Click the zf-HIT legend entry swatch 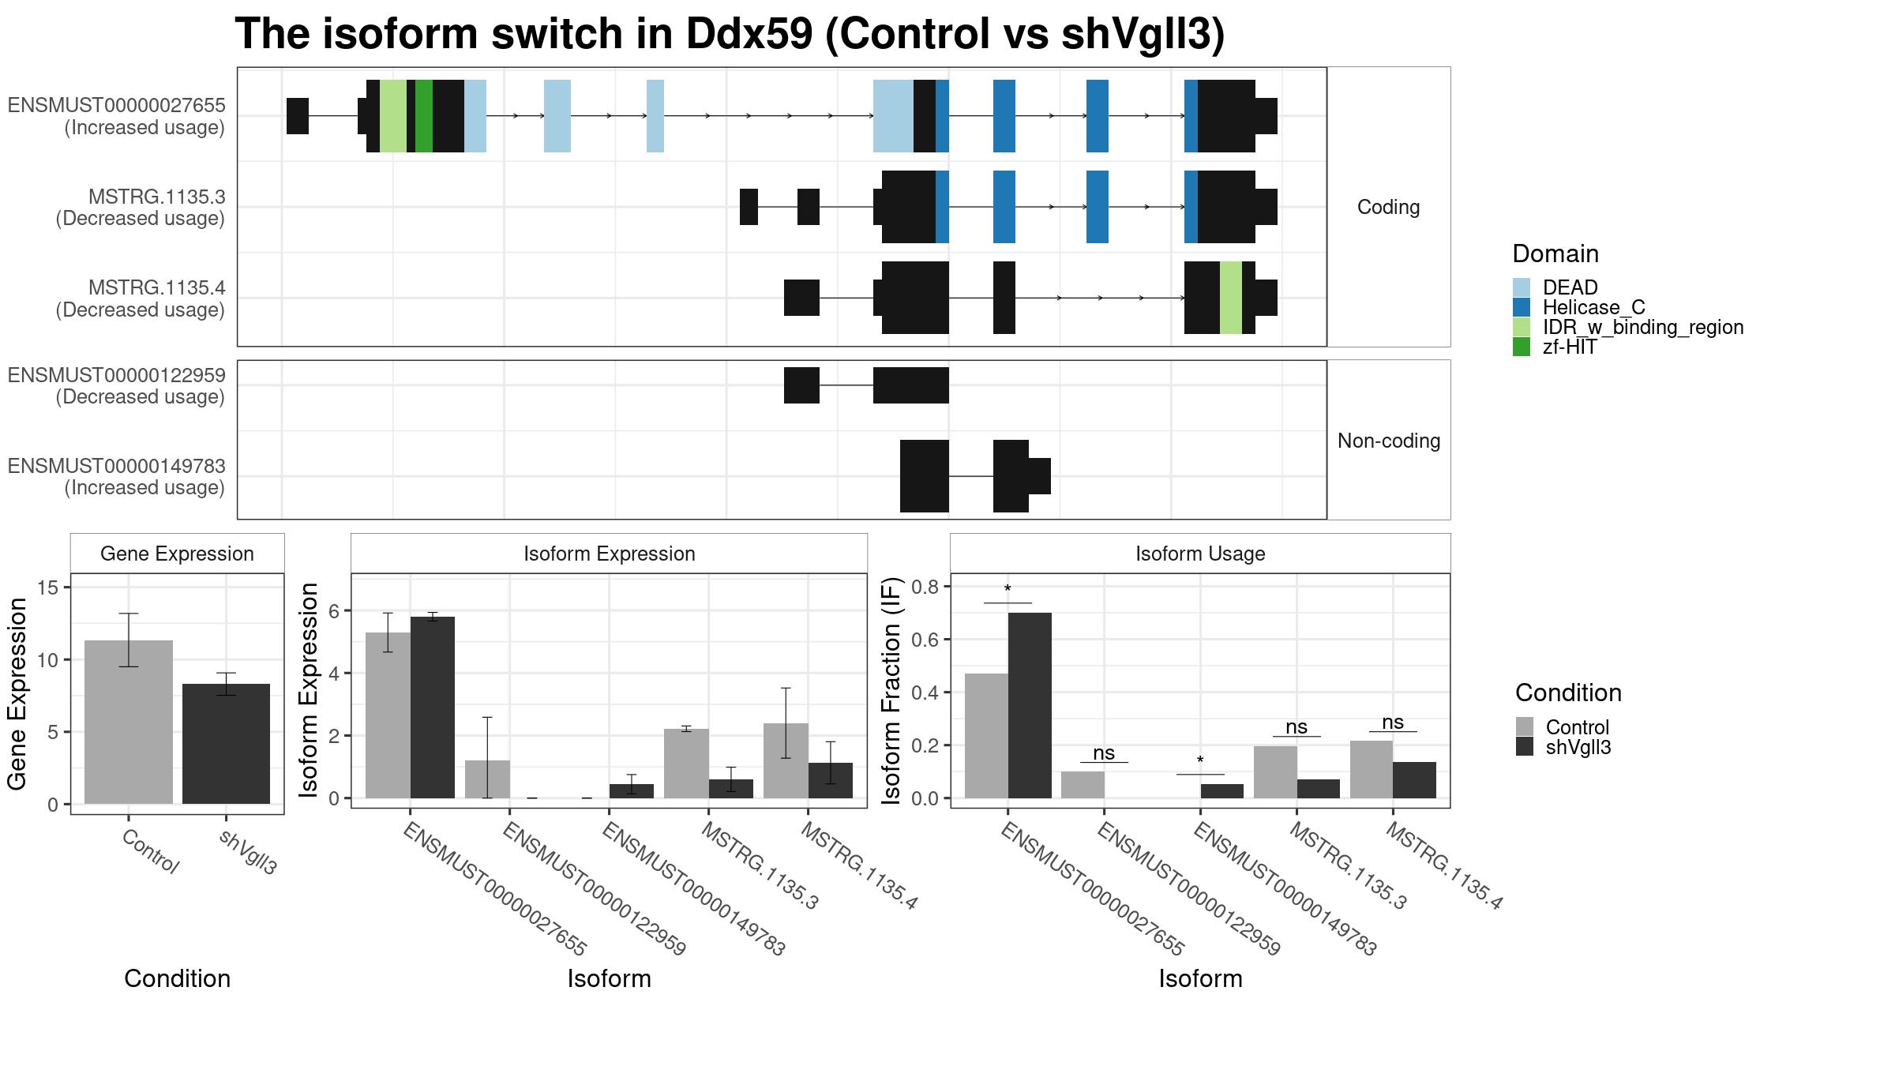(x=1522, y=347)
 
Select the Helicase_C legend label (x=1593, y=307)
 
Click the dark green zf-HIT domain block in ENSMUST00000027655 (x=424, y=116)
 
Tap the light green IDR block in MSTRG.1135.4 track (x=1231, y=298)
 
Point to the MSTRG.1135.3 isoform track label (x=141, y=208)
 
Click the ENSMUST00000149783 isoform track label (x=117, y=477)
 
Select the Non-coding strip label (x=1389, y=441)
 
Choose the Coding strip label (x=1388, y=207)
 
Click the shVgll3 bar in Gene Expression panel (x=226, y=744)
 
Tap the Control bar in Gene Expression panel (x=129, y=723)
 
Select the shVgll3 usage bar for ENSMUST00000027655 (x=1030, y=705)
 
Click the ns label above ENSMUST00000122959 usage (x=1104, y=753)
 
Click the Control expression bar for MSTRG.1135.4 (x=786, y=760)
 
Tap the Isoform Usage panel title (x=1200, y=554)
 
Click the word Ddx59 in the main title (x=749, y=34)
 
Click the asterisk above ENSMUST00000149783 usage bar (x=1200, y=761)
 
